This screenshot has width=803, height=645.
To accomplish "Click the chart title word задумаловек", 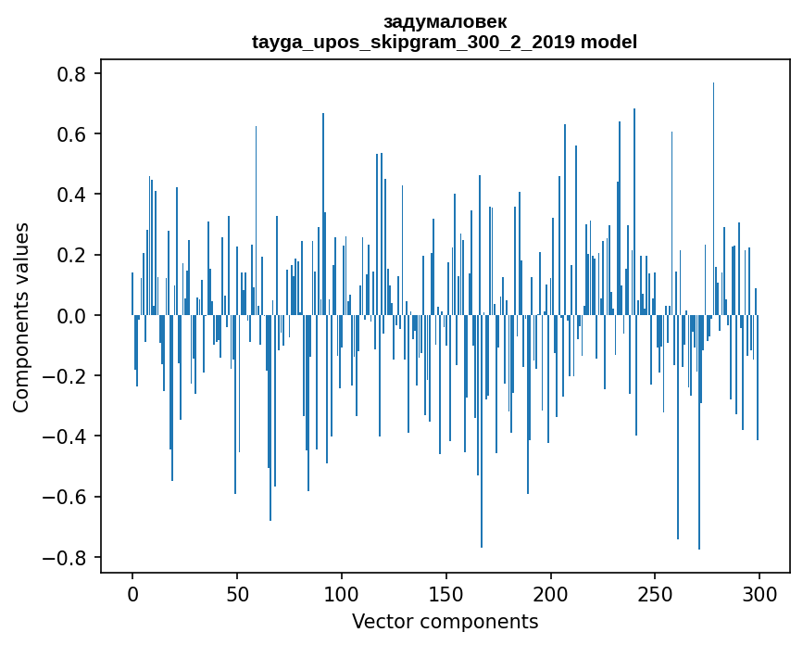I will [445, 21].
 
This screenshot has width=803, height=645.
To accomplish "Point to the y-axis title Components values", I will [20, 316].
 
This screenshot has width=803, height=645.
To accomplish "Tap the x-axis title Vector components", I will [445, 621].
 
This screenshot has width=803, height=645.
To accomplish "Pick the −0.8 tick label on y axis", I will [67, 558].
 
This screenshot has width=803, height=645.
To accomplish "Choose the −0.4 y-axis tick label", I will [67, 436].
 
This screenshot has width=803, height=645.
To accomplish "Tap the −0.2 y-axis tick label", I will [67, 376].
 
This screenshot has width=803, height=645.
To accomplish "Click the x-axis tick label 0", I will [132, 593].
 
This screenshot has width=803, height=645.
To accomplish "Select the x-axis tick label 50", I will [237, 593].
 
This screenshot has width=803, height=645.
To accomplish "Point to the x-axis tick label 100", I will [342, 593].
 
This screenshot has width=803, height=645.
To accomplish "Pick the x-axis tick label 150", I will [446, 593].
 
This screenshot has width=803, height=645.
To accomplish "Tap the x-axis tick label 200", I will [551, 593].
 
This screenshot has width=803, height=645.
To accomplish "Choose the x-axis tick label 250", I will [656, 593].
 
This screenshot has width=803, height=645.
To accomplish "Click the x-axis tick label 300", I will [759, 593].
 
